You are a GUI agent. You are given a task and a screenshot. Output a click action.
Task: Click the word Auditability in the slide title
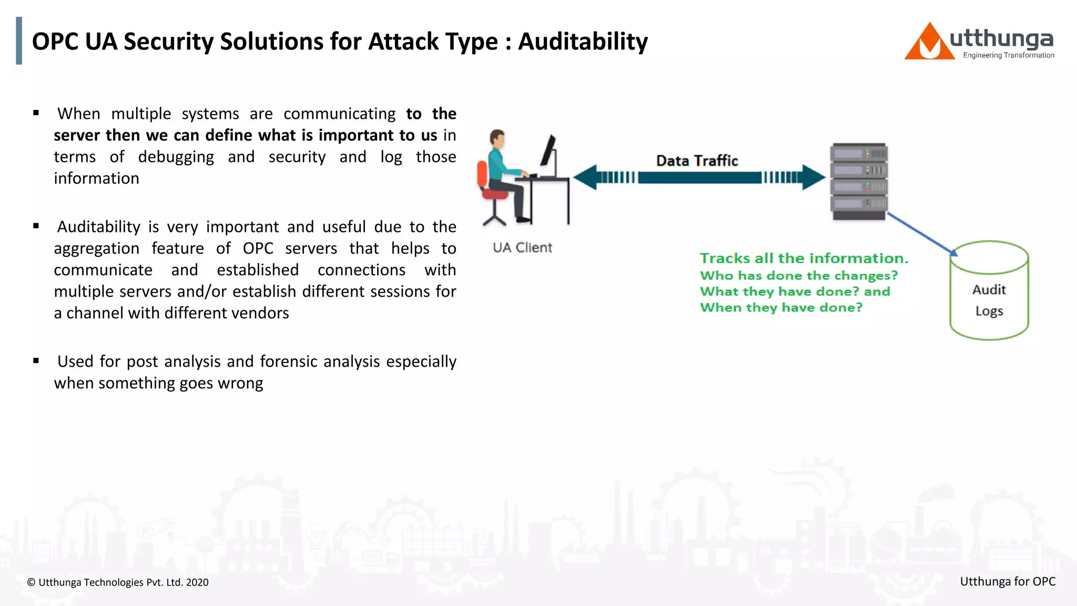point(583,42)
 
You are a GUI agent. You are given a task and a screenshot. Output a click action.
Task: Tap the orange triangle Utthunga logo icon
point(929,43)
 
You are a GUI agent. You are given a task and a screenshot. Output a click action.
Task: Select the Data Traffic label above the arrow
point(697,160)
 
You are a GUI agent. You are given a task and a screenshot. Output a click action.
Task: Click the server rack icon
point(859,181)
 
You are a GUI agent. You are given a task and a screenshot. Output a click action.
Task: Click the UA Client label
point(522,247)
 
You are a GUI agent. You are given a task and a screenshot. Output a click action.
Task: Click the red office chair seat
point(495,194)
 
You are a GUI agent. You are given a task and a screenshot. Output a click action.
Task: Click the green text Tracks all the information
point(804,258)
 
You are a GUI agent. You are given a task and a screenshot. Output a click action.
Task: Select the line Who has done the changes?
point(798,276)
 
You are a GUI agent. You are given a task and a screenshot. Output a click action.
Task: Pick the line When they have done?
point(781,307)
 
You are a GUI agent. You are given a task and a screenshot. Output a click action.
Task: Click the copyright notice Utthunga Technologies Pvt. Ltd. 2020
point(118,582)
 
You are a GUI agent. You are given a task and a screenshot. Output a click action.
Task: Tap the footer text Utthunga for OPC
point(1007,581)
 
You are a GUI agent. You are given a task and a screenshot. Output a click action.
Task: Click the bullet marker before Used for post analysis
point(36,361)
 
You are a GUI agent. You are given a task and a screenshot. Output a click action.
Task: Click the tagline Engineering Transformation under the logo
point(1008,55)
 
